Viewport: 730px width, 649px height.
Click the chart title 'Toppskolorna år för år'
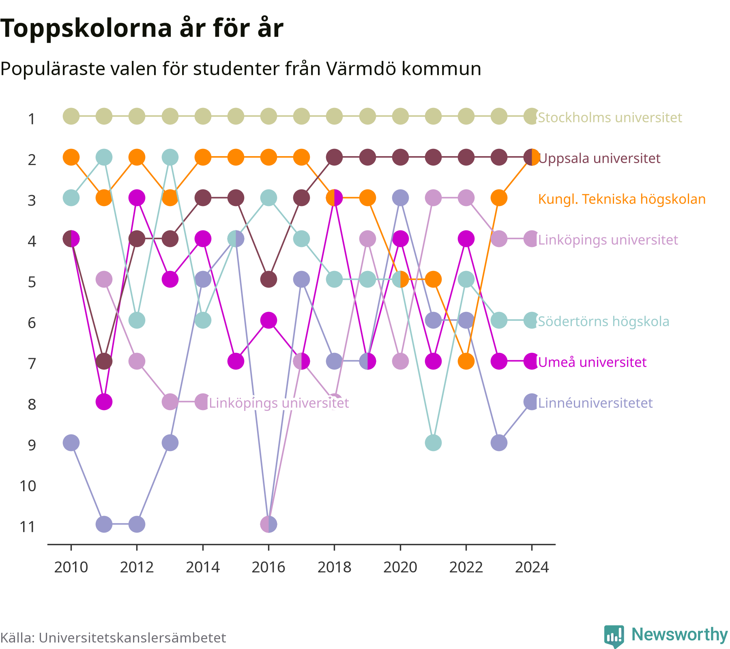[142, 29]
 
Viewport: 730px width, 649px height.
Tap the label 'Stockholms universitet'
[610, 118]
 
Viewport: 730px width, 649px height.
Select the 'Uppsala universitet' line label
[599, 158]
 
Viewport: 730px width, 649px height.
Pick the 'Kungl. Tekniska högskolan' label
[622, 199]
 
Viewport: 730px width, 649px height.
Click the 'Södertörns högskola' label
[603, 321]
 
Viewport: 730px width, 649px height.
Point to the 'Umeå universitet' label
[592, 362]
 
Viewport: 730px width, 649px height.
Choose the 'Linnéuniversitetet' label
[595, 403]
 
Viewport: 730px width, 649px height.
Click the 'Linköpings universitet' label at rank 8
[279, 403]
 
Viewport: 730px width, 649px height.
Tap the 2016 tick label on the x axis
[268, 567]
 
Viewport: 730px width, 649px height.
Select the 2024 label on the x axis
[532, 567]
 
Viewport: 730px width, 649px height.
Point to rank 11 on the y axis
[28, 527]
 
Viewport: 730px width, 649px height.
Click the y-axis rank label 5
[32, 282]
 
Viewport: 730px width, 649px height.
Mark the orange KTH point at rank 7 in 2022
[466, 361]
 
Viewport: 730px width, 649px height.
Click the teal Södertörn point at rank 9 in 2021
[433, 443]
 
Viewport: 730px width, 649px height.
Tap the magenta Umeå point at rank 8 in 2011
[104, 402]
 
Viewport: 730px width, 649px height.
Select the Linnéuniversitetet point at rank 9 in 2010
[71, 443]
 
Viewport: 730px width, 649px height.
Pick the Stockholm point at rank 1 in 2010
[71, 116]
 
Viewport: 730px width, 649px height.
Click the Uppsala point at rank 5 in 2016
[268, 279]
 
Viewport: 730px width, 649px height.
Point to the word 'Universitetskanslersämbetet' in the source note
[132, 638]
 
